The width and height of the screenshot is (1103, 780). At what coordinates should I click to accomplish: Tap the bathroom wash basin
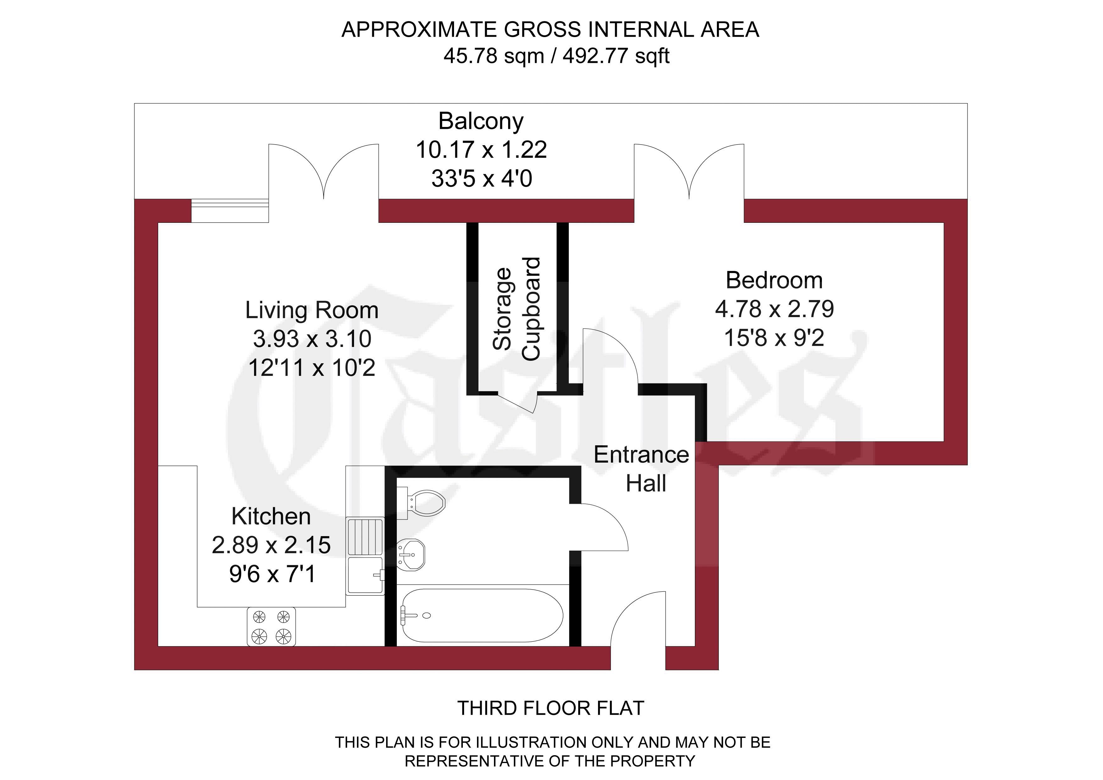[x=411, y=555]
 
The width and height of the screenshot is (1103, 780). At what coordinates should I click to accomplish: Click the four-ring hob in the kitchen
[x=271, y=627]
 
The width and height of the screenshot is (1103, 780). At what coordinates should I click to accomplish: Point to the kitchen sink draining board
[x=365, y=537]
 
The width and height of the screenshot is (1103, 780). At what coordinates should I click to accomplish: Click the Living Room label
[x=312, y=310]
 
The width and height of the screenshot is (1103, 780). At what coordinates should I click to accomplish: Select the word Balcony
[x=481, y=121]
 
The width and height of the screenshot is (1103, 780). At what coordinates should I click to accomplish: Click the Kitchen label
[x=271, y=516]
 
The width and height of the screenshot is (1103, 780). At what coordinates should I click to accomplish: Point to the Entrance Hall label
[x=642, y=469]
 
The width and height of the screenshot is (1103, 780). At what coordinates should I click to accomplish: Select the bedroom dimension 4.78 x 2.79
[x=774, y=309]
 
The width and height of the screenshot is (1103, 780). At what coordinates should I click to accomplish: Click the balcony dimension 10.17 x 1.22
[x=481, y=150]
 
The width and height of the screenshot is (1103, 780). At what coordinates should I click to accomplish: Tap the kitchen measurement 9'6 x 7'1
[x=272, y=574]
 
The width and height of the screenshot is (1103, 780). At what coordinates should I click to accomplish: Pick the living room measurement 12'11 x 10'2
[x=312, y=368]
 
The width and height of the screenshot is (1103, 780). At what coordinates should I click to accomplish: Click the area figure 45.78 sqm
[x=494, y=56]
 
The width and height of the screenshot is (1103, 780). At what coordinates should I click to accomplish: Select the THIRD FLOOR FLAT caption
[x=551, y=708]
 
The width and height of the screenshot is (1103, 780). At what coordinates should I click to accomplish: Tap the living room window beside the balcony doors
[x=230, y=211]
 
